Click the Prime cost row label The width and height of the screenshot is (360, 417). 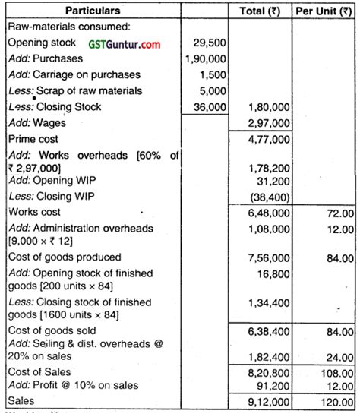point(31,140)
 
